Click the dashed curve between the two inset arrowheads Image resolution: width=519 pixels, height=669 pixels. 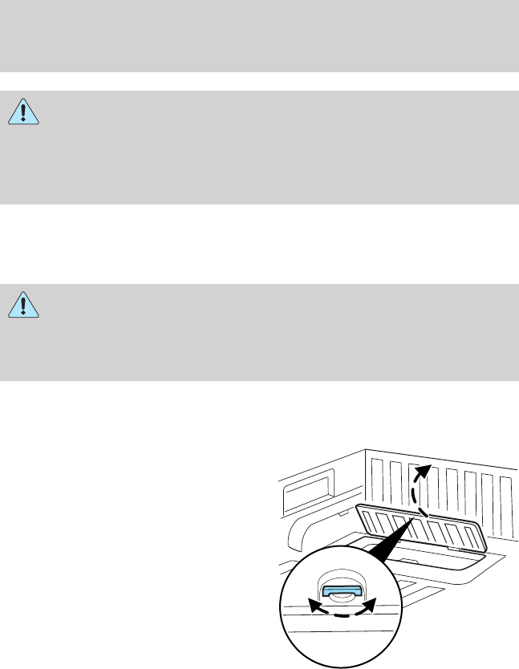(x=344, y=615)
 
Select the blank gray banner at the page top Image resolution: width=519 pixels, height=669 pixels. (x=259, y=35)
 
